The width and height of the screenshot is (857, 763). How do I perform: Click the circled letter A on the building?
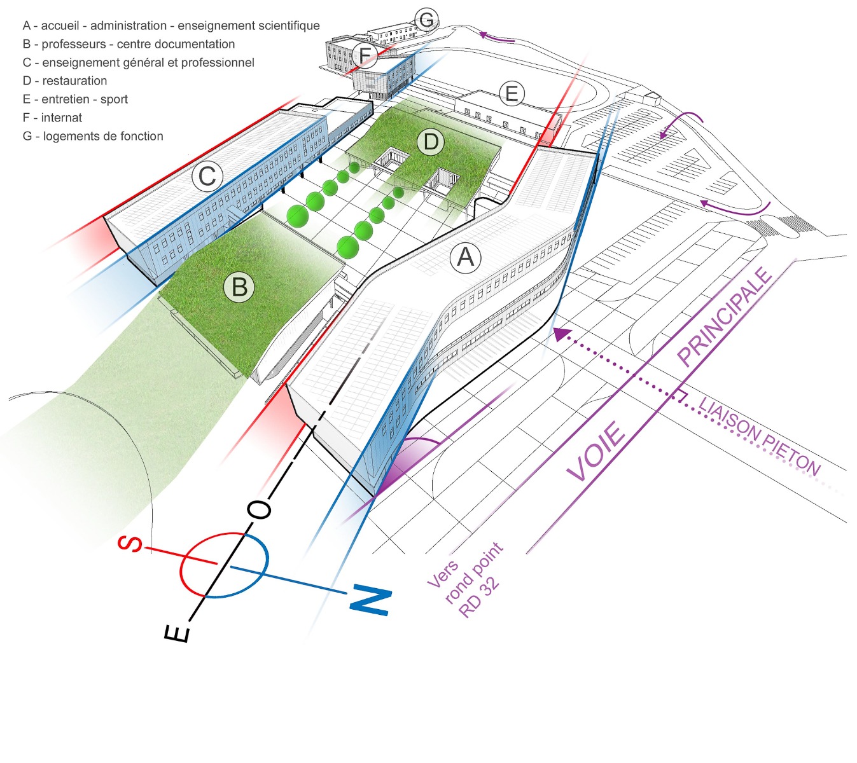point(465,258)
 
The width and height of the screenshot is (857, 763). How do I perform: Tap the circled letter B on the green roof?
point(239,287)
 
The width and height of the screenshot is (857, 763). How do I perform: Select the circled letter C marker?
point(207,176)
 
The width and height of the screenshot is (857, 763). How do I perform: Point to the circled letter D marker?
point(431,142)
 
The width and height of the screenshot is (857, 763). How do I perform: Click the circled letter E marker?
point(511,95)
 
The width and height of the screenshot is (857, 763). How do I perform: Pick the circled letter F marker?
point(365,55)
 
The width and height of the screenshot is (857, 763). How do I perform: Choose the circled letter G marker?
point(426,20)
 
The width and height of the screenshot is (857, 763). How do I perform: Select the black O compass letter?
point(259,509)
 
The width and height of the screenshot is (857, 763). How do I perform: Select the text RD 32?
point(479,599)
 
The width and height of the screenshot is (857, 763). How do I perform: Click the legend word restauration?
point(74,81)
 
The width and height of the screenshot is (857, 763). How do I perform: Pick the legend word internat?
point(62,118)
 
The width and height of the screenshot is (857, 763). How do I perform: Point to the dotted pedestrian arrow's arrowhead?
point(560,333)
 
